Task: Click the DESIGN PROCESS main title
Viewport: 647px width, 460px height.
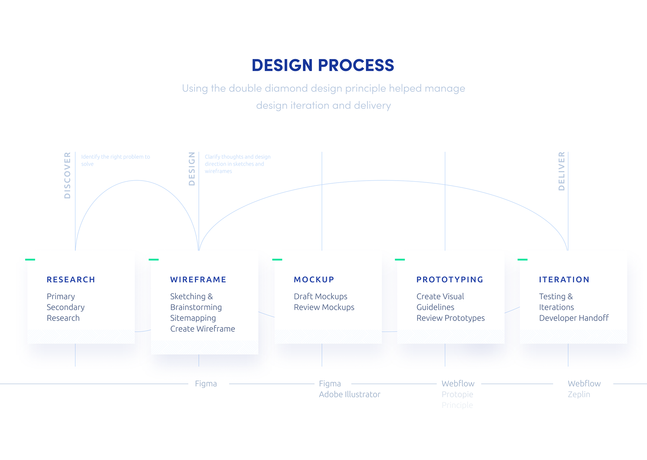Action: [x=323, y=65]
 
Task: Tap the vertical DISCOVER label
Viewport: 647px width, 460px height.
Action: [x=67, y=175]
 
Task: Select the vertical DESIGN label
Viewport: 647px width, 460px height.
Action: [x=192, y=168]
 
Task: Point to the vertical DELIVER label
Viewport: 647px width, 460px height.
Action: [x=561, y=171]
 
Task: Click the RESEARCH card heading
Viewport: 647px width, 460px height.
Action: [x=71, y=280]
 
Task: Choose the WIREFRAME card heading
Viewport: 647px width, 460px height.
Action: [x=198, y=280]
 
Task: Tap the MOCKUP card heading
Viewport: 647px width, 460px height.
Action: [x=314, y=280]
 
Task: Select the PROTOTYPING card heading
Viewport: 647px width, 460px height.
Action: [x=450, y=280]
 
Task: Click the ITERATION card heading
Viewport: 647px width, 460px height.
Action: [x=564, y=280]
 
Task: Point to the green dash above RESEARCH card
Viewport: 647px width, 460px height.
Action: [x=30, y=259]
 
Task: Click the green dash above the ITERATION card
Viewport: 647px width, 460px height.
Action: [x=522, y=259]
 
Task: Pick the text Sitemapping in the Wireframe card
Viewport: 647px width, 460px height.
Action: [x=193, y=318]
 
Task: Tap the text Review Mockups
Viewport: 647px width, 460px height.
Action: [x=324, y=307]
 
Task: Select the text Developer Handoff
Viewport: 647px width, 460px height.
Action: [x=574, y=318]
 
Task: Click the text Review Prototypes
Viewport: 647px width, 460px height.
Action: [x=451, y=318]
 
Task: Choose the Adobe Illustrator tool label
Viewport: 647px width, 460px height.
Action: [x=349, y=394]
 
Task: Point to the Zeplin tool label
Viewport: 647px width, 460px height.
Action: [x=579, y=394]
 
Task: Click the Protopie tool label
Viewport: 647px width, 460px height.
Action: [x=457, y=394]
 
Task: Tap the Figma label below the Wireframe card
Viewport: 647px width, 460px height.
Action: [x=206, y=384]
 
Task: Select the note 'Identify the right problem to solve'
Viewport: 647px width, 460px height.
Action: [x=115, y=160]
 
